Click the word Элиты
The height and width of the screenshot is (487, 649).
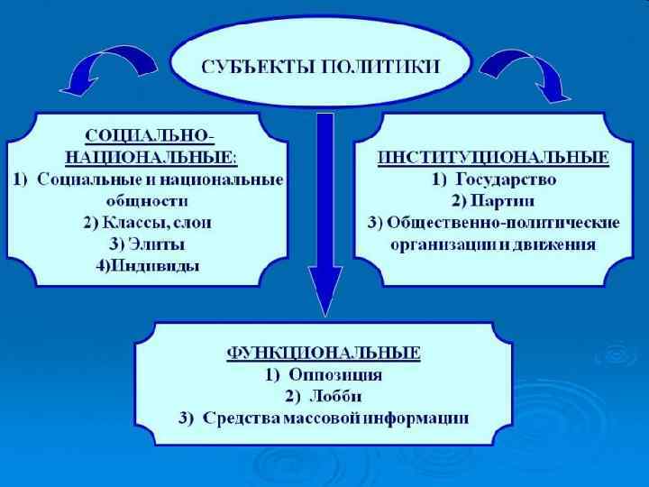(160, 244)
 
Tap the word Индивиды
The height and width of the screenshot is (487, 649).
(160, 266)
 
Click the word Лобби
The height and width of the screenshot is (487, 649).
(340, 396)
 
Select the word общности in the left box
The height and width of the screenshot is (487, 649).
(148, 201)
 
